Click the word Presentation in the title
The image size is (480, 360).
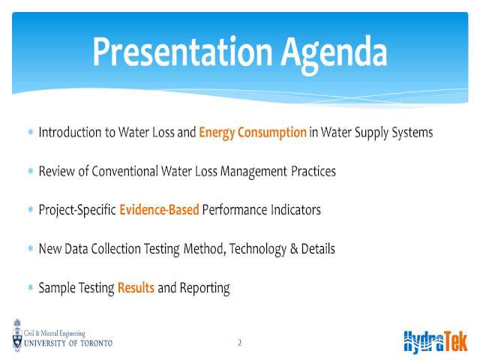pyautogui.click(x=182, y=52)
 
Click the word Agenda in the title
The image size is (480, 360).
pyautogui.click(x=334, y=55)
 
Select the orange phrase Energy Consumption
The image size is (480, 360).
pyautogui.click(x=253, y=133)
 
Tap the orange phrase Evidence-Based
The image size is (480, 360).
pyautogui.click(x=159, y=210)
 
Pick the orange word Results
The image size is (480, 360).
pyautogui.click(x=136, y=288)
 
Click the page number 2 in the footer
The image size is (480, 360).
pyautogui.click(x=240, y=342)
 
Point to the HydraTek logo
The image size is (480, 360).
pyautogui.click(x=436, y=342)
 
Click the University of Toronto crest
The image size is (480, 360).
pyautogui.click(x=17, y=335)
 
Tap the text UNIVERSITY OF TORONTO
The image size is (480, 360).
pyautogui.click(x=68, y=343)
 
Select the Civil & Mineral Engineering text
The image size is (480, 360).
pyautogui.click(x=55, y=333)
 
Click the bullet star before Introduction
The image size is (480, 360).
pyautogui.click(x=31, y=132)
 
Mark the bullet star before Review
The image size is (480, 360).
pyautogui.click(x=31, y=170)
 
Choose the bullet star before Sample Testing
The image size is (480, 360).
pyautogui.click(x=31, y=287)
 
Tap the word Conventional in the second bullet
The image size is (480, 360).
pyautogui.click(x=124, y=171)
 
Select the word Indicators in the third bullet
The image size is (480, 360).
pyautogui.click(x=295, y=210)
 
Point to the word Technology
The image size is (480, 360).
pyautogui.click(x=258, y=250)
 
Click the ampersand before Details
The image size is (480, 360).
pyautogui.click(x=294, y=249)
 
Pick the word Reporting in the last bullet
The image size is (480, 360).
pyautogui.click(x=205, y=289)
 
